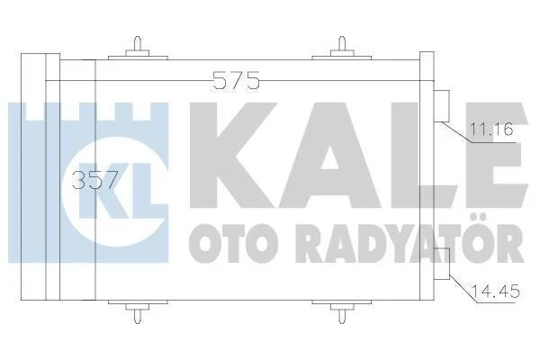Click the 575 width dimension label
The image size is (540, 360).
click(x=236, y=80)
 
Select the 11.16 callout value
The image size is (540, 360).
click(x=491, y=130)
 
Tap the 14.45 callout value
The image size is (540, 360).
click(x=495, y=292)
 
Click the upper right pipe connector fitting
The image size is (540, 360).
click(x=442, y=106)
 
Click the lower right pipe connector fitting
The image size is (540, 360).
click(x=442, y=264)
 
